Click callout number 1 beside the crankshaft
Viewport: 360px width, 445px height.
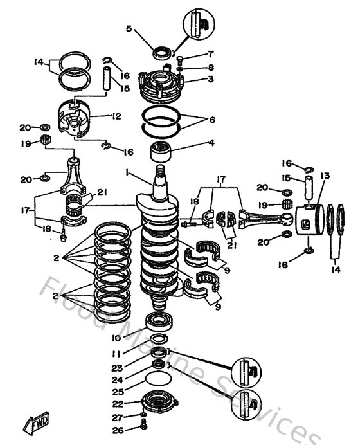(127, 172)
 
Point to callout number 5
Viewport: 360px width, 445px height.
(129, 29)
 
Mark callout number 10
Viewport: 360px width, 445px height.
(116, 337)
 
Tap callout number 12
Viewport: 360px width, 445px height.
(116, 116)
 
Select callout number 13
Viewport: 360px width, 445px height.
(325, 174)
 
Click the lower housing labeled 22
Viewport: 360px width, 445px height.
(159, 403)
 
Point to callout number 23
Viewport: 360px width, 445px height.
(116, 368)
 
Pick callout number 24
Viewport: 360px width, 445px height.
(116, 380)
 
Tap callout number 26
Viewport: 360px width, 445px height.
(116, 431)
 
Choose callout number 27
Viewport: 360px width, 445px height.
(116, 417)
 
